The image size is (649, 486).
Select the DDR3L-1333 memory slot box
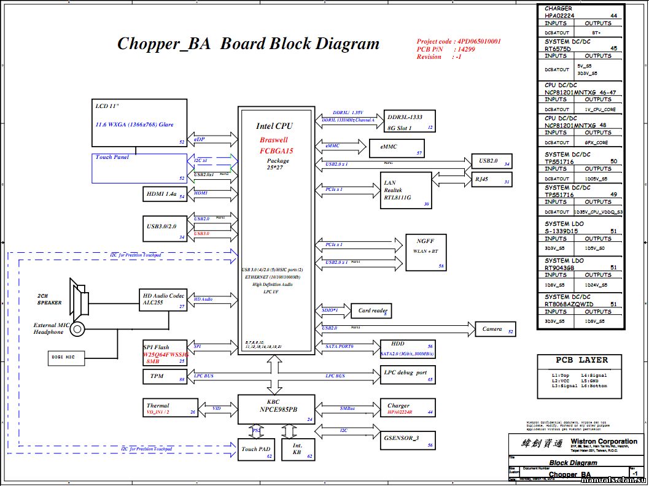pos(410,121)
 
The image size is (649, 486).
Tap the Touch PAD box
pos(256,450)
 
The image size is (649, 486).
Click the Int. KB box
pos(297,450)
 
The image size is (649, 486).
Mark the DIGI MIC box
pos(66,357)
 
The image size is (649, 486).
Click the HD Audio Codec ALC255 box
pos(164,299)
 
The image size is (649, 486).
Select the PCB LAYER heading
pos(581,360)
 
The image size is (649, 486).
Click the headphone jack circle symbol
pos(77,329)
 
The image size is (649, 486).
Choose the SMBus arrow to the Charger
pos(348,409)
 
